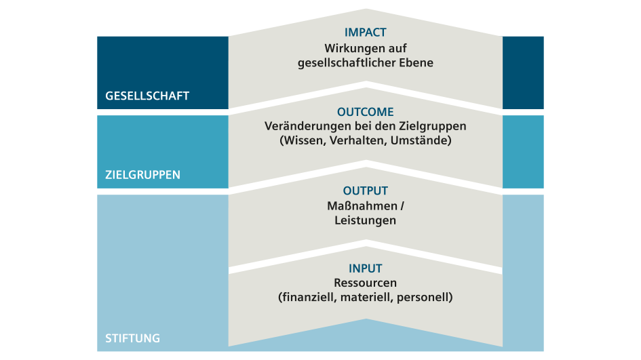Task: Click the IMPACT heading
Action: click(365, 33)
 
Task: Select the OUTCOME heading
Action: click(365, 112)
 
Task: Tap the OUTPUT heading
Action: click(365, 191)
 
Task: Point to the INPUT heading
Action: click(365, 268)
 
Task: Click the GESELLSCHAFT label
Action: click(147, 96)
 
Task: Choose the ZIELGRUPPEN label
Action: click(142, 175)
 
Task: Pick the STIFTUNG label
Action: click(132, 338)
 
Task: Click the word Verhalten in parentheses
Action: click(357, 140)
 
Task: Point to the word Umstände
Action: click(419, 140)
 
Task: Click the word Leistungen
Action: click(365, 220)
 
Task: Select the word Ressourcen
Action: click(365, 283)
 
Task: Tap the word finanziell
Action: click(309, 297)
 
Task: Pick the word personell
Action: click(423, 297)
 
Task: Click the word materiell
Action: click(366, 297)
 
